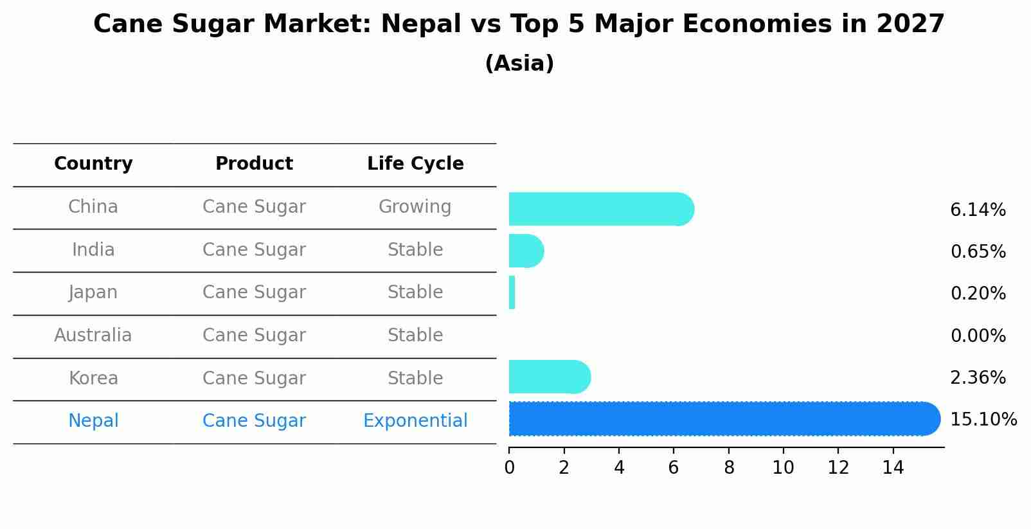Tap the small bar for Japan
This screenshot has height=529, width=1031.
click(x=512, y=292)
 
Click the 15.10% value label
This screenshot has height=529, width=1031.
click(x=983, y=420)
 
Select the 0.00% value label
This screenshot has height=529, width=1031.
click(x=978, y=336)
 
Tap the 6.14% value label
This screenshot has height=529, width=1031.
click(x=978, y=210)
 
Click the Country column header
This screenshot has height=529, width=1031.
click(x=93, y=164)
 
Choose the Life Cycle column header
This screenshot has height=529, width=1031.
click(x=415, y=164)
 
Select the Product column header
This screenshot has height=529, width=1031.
click(x=254, y=164)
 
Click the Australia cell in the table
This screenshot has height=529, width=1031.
click(x=93, y=336)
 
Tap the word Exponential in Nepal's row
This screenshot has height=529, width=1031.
click(x=415, y=421)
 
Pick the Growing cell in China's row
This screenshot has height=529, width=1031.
click(x=415, y=207)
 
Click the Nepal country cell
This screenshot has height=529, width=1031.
click(x=93, y=421)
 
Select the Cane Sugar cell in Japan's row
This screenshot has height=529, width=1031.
click(x=254, y=292)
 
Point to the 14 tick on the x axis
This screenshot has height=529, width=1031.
click(x=893, y=468)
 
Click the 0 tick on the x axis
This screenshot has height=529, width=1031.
click(x=509, y=468)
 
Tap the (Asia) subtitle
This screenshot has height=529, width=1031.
click(x=519, y=64)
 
